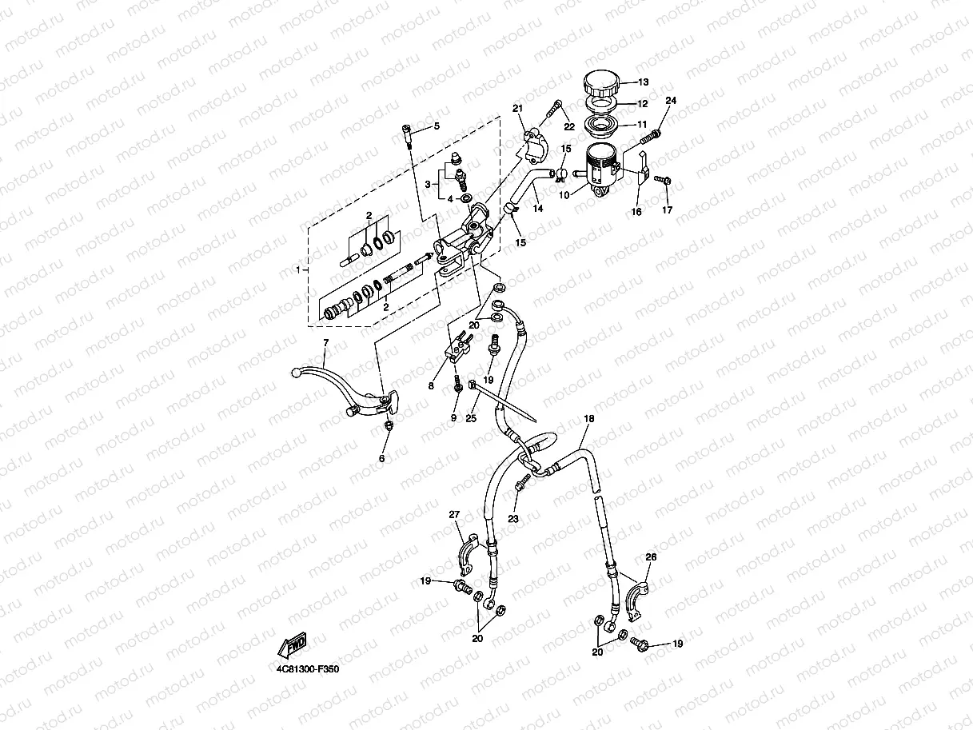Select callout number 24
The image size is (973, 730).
(671, 101)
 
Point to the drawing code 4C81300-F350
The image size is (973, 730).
(304, 669)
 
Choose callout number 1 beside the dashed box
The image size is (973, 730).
(300, 270)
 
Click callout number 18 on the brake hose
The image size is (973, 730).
(589, 419)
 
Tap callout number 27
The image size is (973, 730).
(453, 513)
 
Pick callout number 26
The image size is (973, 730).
(650, 556)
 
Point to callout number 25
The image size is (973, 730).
(471, 417)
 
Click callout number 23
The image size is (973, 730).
(513, 519)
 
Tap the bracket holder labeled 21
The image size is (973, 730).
(532, 145)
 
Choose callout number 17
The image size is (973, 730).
(668, 210)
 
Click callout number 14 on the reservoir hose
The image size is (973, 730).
(538, 208)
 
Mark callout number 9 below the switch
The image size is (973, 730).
(453, 417)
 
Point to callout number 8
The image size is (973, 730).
(431, 386)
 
